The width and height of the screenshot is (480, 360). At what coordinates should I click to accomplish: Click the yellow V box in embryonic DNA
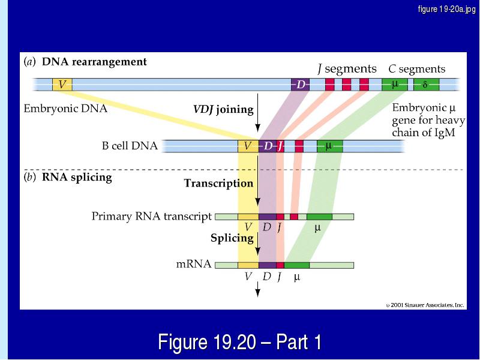point(62,85)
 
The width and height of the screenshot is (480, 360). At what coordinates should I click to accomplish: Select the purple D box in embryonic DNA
point(301,85)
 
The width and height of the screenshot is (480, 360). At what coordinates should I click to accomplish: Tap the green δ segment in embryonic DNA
point(427,85)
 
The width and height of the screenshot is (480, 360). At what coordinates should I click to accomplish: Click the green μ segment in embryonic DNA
point(395,85)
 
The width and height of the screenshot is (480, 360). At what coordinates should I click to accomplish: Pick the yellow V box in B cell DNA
point(248,146)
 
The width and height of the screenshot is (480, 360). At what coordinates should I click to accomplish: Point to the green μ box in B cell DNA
point(329,146)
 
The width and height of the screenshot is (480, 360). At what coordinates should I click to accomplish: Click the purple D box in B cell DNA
point(268,146)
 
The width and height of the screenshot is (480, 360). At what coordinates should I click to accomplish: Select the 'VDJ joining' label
point(223,109)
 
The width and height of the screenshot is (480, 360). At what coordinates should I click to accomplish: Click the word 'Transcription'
point(218,183)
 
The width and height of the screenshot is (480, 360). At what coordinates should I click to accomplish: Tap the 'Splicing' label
point(232,238)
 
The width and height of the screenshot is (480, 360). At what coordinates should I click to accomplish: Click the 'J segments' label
point(347,69)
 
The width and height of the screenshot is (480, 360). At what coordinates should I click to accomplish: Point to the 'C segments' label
point(417,69)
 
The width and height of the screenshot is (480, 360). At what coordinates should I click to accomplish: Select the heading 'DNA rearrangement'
point(94,62)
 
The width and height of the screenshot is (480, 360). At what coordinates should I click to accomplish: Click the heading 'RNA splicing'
point(77,178)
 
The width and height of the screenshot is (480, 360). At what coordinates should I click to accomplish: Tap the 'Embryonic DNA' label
point(65,109)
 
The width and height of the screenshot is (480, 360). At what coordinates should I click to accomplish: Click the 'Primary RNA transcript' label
point(152,217)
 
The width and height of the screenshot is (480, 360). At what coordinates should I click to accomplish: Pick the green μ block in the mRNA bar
point(296,265)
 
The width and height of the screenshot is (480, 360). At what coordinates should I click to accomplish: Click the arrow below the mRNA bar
point(258,289)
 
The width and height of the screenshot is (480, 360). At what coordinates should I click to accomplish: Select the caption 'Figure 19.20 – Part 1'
point(239,342)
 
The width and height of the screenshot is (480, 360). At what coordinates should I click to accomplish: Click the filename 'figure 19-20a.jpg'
point(446,9)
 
